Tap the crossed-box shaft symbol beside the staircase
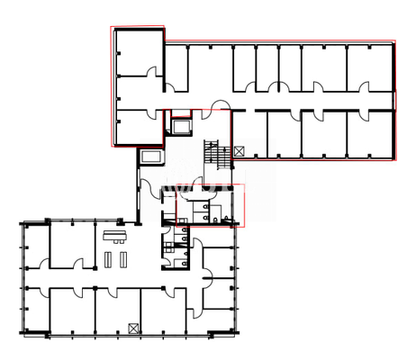238,151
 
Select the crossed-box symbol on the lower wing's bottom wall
133,328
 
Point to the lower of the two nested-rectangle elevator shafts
149,157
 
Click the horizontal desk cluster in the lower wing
114,238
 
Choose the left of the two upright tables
108,259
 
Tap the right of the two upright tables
121,259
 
